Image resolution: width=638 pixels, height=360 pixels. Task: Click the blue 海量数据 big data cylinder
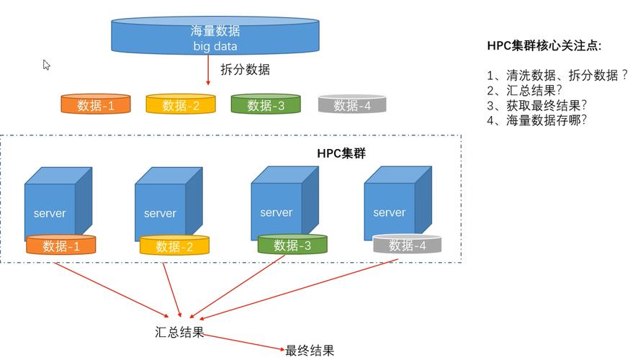[215, 36]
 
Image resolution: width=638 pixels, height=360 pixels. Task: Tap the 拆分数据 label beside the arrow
[245, 70]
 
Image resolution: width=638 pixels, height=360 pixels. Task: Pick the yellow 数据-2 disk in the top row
[181, 105]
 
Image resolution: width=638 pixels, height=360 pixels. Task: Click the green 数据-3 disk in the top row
[265, 105]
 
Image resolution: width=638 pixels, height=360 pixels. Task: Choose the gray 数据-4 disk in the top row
[352, 105]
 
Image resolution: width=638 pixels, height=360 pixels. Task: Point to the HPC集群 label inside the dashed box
[341, 153]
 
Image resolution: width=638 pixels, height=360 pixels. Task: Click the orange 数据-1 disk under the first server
[61, 246]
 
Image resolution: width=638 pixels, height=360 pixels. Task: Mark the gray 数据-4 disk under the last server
[407, 246]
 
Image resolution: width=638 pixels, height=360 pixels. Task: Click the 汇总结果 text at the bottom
[180, 333]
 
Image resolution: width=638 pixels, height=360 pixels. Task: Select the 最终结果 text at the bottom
[310, 351]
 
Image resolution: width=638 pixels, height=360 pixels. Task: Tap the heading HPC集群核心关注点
[544, 46]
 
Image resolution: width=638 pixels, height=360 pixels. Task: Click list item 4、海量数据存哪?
[536, 120]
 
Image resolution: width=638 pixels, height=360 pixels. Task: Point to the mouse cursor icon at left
[47, 65]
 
